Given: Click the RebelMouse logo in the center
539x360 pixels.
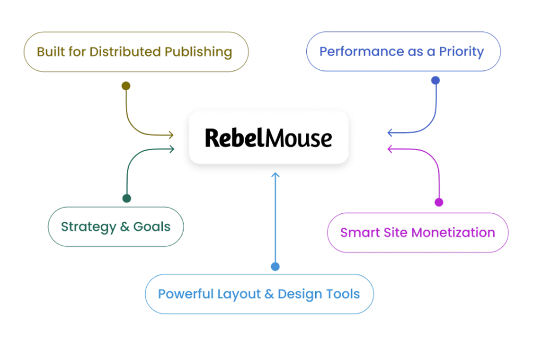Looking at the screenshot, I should click(x=268, y=137).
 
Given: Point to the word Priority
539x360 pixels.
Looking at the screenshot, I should click(x=461, y=52).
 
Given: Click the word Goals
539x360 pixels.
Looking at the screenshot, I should click(x=152, y=226).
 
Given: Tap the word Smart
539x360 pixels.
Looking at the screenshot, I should click(x=357, y=232).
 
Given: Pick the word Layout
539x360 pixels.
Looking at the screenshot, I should click(x=238, y=294).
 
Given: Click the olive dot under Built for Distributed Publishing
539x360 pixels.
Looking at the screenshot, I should click(x=126, y=86).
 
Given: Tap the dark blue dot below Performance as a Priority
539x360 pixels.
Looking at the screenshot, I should click(x=435, y=80).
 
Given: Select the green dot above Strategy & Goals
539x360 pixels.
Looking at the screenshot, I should click(x=127, y=198).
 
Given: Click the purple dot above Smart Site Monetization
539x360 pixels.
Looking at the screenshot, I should click(x=438, y=202).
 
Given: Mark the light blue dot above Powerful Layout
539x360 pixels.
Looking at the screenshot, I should click(x=276, y=267).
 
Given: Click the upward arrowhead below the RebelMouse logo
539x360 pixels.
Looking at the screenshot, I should click(x=276, y=175).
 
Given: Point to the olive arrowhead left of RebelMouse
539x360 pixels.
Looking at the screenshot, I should click(x=171, y=135).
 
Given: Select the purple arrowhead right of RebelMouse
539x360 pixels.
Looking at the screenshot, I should click(x=390, y=149).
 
